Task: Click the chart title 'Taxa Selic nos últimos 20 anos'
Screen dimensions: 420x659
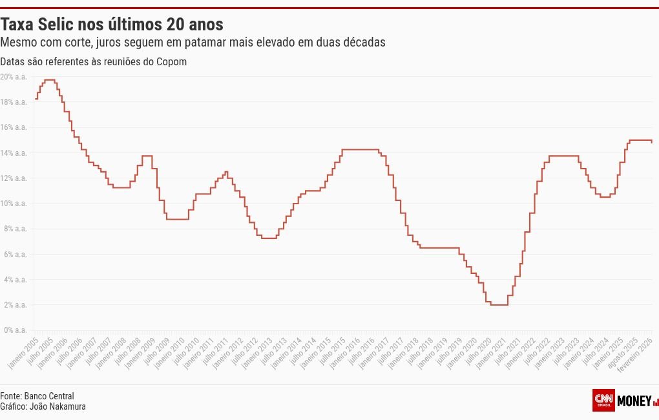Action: [x=112, y=25]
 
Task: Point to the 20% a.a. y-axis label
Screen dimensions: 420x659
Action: [x=14, y=77]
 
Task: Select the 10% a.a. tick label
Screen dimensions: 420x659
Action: [x=14, y=204]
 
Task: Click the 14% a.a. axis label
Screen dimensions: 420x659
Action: [x=14, y=153]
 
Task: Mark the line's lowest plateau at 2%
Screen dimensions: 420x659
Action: [x=499, y=304]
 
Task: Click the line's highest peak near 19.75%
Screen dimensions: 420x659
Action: [x=49, y=79]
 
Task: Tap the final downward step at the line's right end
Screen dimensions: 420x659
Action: [x=651, y=142]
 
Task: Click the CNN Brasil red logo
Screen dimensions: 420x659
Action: [x=603, y=400]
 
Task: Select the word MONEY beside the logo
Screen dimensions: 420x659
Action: [x=634, y=401]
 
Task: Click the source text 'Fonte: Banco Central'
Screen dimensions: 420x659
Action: [x=37, y=395]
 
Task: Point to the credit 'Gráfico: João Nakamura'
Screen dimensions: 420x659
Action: [x=43, y=406]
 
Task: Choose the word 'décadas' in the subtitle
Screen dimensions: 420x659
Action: [x=365, y=42]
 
